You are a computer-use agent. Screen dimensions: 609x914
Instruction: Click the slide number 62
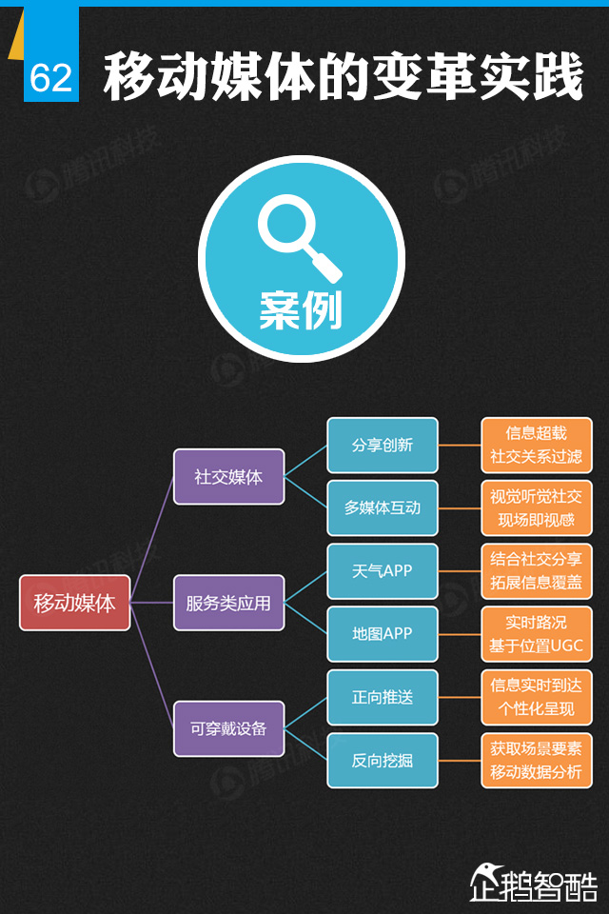tap(51, 77)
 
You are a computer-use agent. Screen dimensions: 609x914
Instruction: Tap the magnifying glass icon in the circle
tap(299, 237)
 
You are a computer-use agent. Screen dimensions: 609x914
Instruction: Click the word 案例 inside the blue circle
tap(301, 309)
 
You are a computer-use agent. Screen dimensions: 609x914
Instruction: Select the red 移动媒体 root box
tap(74, 603)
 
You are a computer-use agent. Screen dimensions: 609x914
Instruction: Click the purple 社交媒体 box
tap(228, 477)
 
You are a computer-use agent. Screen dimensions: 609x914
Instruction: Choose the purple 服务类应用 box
tap(228, 603)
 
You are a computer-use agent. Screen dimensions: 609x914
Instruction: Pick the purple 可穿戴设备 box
tap(228, 728)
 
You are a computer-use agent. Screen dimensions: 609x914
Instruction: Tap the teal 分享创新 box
tap(383, 446)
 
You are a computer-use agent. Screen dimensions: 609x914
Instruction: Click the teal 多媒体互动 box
tap(383, 508)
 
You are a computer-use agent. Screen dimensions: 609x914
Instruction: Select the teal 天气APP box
tap(383, 571)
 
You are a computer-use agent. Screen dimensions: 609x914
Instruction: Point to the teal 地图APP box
tap(383, 634)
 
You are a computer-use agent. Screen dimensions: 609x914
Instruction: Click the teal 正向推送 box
tap(383, 697)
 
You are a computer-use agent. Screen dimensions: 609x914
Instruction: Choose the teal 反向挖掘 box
tap(383, 760)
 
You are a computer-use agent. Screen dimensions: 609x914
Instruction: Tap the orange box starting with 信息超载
tap(536, 446)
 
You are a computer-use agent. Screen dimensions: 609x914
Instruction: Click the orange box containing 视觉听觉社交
tap(536, 508)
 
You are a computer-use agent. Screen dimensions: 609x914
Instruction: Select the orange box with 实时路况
tap(536, 634)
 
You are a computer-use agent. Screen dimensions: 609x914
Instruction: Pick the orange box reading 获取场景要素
tap(536, 760)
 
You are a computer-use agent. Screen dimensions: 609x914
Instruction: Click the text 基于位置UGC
tap(536, 646)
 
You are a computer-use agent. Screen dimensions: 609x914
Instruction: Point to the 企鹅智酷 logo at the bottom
tap(534, 882)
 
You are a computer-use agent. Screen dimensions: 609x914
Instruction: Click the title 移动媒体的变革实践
tap(343, 77)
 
